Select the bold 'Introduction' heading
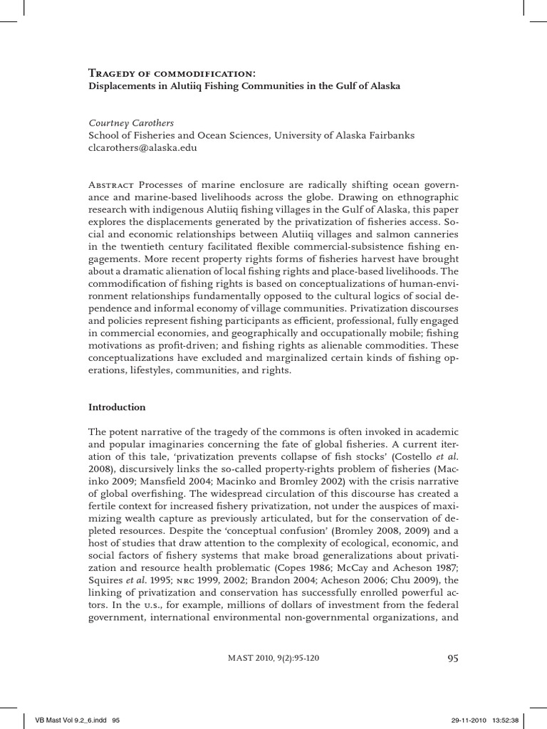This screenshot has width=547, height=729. (117, 408)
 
